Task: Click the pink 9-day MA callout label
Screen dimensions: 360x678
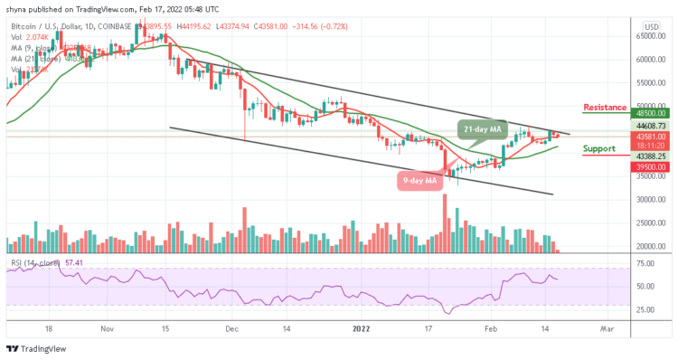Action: [x=421, y=181]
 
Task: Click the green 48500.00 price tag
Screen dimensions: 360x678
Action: [x=649, y=114]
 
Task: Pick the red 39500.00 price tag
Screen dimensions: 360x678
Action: [x=649, y=167]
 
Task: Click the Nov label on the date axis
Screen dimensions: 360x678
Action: [x=107, y=331]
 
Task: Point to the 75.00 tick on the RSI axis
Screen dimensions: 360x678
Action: [x=645, y=263]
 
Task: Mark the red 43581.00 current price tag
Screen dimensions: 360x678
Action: [x=649, y=136]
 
